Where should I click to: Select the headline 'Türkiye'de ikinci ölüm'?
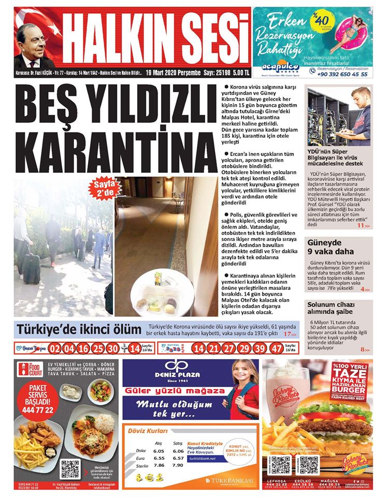click(x=79, y=330)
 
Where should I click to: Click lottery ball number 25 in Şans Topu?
click(x=98, y=348)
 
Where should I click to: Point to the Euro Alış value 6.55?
click(x=159, y=458)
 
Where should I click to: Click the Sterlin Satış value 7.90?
click(x=178, y=465)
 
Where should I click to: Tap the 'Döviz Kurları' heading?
click(x=148, y=431)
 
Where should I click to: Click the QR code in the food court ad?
click(x=70, y=467)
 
